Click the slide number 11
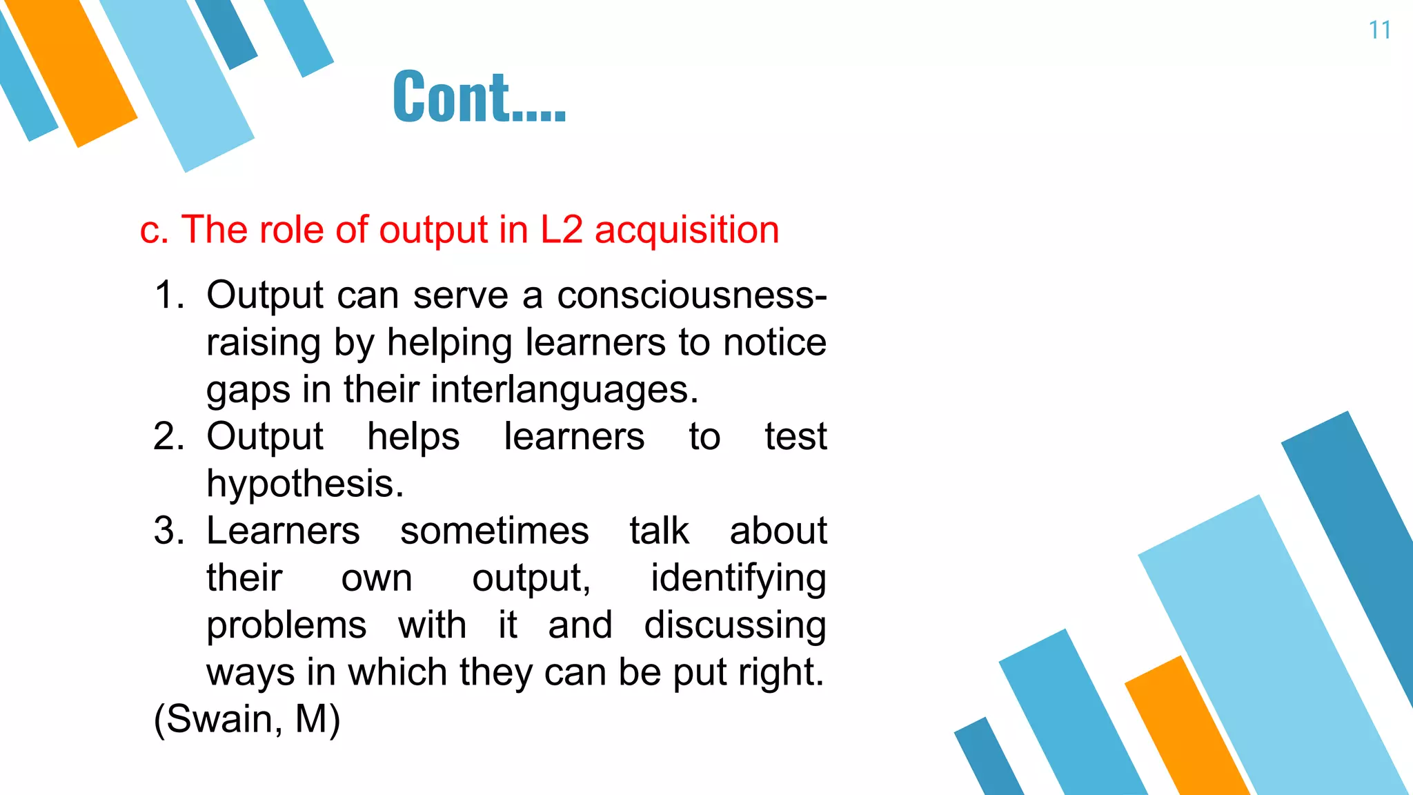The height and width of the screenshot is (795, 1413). click(x=1379, y=30)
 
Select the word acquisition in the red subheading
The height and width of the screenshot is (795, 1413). click(x=686, y=230)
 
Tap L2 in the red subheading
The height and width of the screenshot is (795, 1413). click(x=561, y=230)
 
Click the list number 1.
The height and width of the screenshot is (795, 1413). click(x=168, y=295)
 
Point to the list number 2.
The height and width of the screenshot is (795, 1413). click(x=168, y=437)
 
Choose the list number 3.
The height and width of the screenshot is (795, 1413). click(x=168, y=531)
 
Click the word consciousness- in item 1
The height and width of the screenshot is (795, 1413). click(x=691, y=295)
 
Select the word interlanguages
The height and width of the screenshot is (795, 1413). click(x=565, y=390)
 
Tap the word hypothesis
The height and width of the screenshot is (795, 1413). click(x=305, y=484)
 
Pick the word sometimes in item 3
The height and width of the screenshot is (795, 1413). click(x=494, y=531)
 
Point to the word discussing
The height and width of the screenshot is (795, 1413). click(x=735, y=626)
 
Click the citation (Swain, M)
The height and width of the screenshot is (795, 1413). click(x=246, y=720)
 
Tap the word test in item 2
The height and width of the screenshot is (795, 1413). click(x=796, y=437)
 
